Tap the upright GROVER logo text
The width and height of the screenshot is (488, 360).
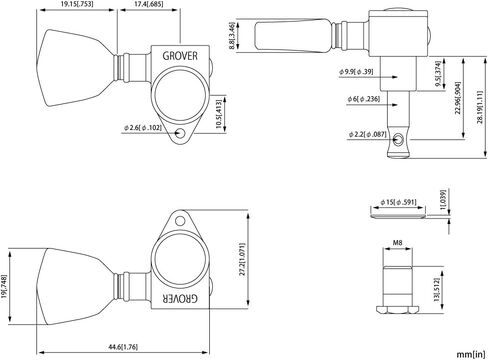(x=180, y=56)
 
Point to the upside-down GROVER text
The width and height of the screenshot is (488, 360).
(x=180, y=299)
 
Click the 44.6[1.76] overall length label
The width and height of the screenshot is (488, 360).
(x=123, y=347)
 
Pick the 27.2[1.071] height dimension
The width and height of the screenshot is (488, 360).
(x=242, y=259)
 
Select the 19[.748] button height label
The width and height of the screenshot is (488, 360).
(x=4, y=286)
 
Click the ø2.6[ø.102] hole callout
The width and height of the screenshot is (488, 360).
(x=143, y=127)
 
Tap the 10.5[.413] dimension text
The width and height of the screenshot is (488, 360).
(x=219, y=114)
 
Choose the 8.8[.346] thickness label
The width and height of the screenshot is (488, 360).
(x=232, y=36)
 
